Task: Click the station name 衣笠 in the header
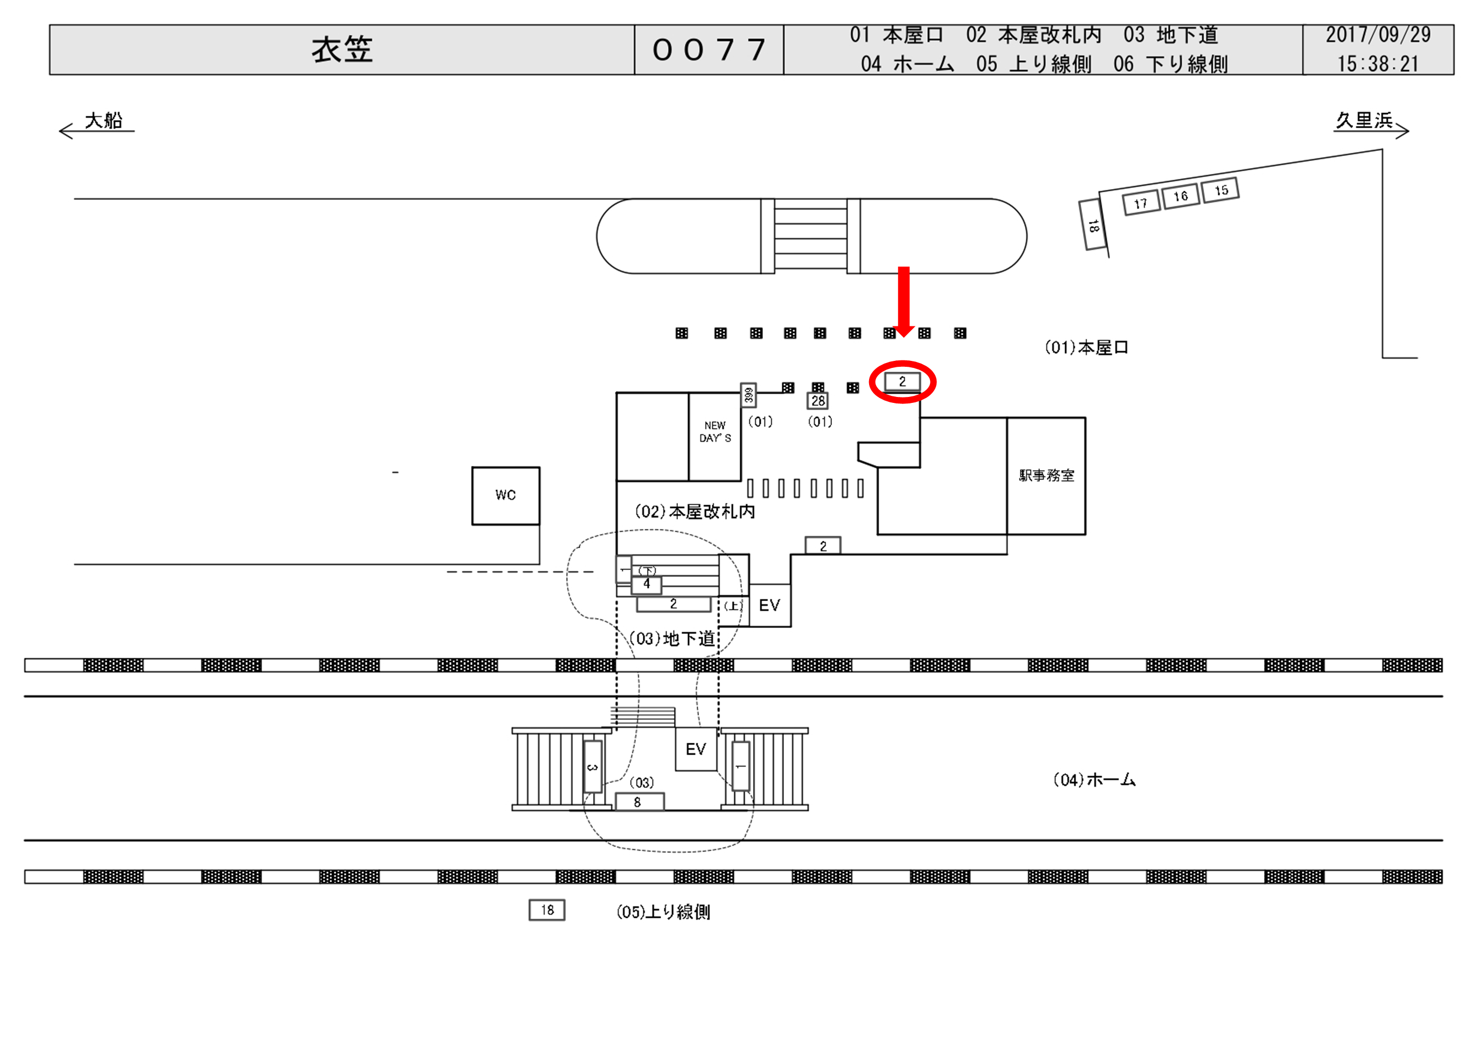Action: click(342, 50)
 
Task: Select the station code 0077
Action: click(709, 50)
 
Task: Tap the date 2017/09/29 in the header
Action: click(1378, 35)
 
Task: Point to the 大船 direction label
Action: click(103, 121)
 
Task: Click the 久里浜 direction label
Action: click(1364, 121)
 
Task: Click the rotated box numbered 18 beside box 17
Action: click(1093, 226)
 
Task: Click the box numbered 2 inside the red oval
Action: click(902, 382)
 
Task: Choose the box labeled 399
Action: click(748, 395)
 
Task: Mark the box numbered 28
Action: click(818, 401)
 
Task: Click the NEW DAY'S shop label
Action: click(715, 432)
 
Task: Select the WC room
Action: click(506, 496)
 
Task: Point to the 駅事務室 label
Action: click(1046, 476)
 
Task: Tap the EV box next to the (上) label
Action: click(770, 605)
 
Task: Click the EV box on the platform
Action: click(696, 749)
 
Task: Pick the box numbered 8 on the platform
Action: click(638, 803)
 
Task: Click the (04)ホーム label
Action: click(1094, 780)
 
